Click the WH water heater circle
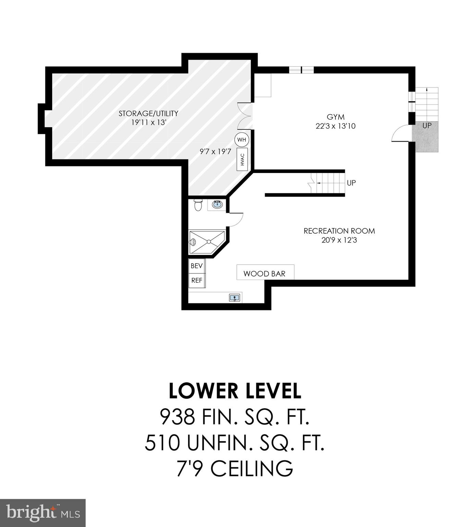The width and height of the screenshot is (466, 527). [x=242, y=140]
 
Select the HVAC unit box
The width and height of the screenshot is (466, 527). [x=242, y=159]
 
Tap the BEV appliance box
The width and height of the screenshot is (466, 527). [x=197, y=266]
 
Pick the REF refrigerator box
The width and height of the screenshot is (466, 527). [x=197, y=280]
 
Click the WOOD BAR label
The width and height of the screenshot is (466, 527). [x=265, y=273]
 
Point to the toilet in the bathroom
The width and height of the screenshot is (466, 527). [x=198, y=205]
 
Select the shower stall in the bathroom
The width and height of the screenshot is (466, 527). [x=207, y=242]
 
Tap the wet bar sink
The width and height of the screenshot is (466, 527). [x=235, y=298]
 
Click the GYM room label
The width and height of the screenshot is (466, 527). [x=335, y=117]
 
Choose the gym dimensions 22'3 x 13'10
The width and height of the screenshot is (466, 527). [x=335, y=126]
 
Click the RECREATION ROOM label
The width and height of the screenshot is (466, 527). [x=339, y=231]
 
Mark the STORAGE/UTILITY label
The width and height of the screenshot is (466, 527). [x=148, y=113]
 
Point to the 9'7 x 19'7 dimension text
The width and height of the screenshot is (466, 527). [x=216, y=151]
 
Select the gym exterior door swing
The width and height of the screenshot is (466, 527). [x=401, y=134]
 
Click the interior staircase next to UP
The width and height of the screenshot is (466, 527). [x=329, y=183]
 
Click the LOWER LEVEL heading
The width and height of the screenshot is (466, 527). [x=235, y=391]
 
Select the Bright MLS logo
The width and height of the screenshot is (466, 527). [x=42, y=513]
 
